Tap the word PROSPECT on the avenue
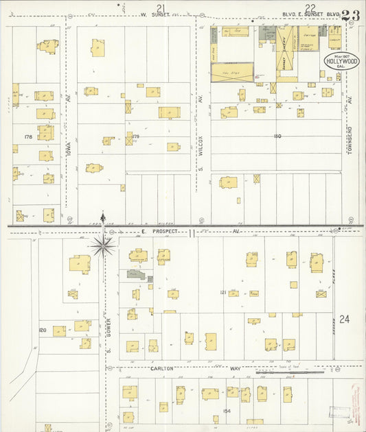tap(165, 232)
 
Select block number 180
tap(277, 136)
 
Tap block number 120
tap(43, 331)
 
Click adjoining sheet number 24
tap(344, 319)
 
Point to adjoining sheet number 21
tap(161, 8)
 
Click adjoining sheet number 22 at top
tap(310, 8)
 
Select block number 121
tap(223, 293)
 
